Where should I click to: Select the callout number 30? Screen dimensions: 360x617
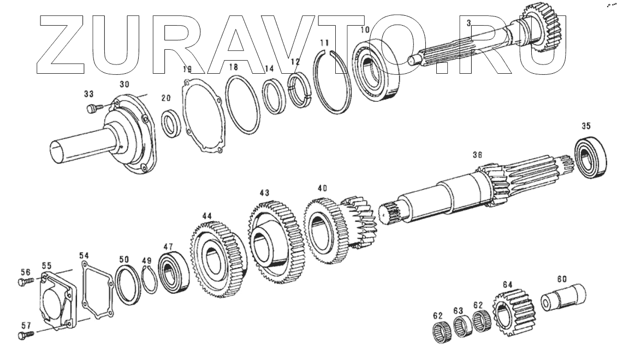click(125, 84)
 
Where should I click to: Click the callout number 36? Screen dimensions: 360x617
click(477, 155)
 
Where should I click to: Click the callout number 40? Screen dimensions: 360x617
click(322, 188)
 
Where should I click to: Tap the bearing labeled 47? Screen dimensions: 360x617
click(174, 272)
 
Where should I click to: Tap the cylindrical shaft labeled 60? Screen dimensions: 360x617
click(565, 298)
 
